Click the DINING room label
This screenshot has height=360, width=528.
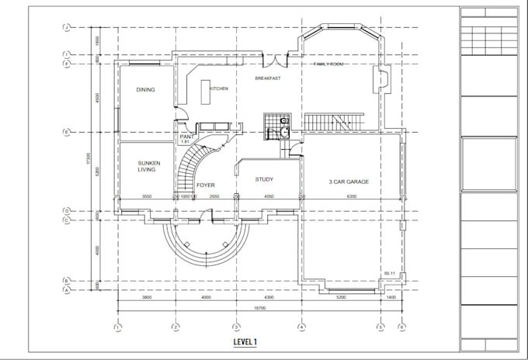click(x=145, y=90)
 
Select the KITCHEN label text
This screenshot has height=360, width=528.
click(x=218, y=89)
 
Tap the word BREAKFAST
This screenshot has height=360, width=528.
click(x=267, y=78)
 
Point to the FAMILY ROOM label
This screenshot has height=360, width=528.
click(x=328, y=64)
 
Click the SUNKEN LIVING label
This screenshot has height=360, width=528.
click(x=147, y=165)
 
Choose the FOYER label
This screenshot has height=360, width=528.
click(x=205, y=185)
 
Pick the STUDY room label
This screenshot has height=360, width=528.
click(x=264, y=179)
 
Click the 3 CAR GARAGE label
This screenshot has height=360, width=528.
click(x=348, y=182)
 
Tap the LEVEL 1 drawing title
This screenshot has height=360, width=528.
click(x=245, y=341)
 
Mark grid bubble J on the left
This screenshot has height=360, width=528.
click(x=67, y=27)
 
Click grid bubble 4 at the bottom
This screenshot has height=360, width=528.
click(x=300, y=327)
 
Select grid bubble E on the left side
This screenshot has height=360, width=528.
click(x=67, y=132)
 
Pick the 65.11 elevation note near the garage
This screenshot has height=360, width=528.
click(x=390, y=274)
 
